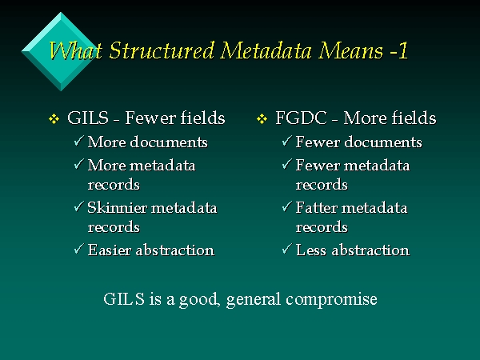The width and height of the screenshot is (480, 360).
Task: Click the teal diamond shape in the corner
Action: [61, 51]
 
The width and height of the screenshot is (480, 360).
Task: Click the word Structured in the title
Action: [162, 50]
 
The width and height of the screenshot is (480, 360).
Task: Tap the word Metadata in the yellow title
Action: [266, 50]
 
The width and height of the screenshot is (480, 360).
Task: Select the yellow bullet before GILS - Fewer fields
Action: [54, 119]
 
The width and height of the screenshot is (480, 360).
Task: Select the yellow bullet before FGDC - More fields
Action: [262, 119]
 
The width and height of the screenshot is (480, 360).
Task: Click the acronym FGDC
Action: [301, 118]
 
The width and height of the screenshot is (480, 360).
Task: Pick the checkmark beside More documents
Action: [78, 141]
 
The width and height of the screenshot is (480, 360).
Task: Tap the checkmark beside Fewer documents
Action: [286, 141]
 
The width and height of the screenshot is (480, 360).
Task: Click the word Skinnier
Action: [118, 207]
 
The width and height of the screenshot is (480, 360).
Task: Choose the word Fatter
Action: [317, 207]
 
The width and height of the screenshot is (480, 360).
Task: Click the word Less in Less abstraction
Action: [311, 250]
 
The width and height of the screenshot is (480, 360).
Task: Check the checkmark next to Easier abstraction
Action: [78, 249]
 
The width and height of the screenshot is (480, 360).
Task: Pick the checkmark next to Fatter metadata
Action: [286, 206]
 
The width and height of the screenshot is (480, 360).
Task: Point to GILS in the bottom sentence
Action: [124, 298]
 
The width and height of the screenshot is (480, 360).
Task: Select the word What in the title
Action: [75, 50]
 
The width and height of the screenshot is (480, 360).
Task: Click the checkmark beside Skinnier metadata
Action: [78, 206]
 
